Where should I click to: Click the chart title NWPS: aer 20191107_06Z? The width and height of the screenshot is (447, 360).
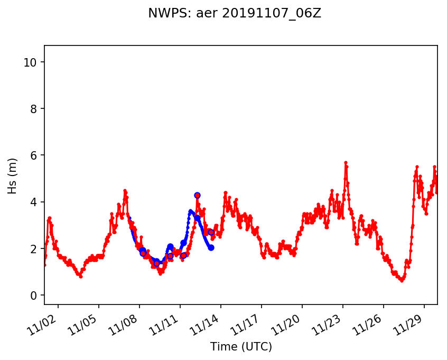pyautogui.click(x=235, y=14)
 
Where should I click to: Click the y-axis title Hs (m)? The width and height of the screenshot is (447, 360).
pyautogui.click(x=13, y=175)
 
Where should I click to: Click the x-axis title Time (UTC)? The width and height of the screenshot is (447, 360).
pyautogui.click(x=241, y=347)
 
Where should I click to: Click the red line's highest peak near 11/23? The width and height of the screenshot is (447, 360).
pyautogui.click(x=346, y=162)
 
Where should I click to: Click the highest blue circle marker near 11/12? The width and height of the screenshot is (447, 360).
pyautogui.click(x=197, y=195)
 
